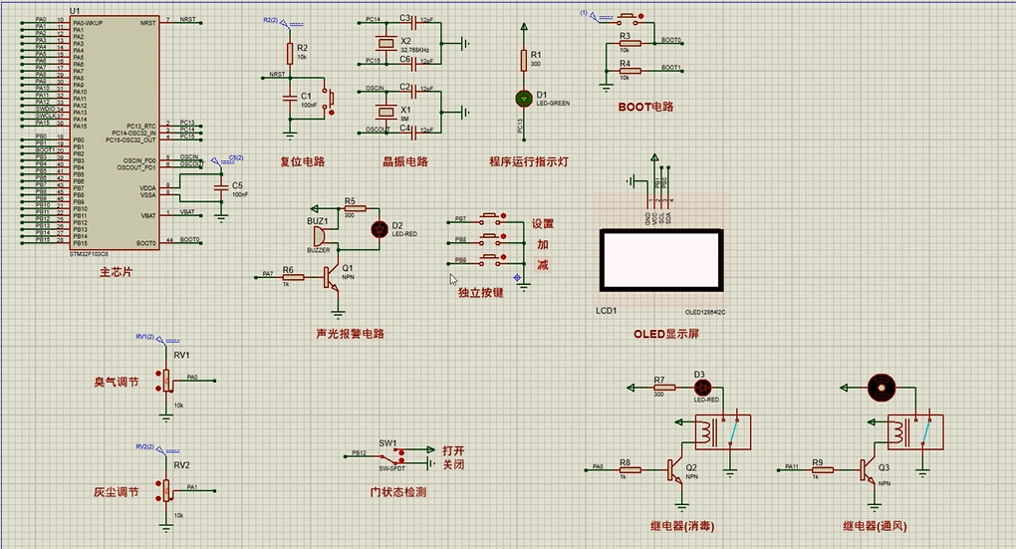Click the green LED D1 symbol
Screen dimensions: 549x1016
[x=524, y=98]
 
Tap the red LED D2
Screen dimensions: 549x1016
[x=379, y=229]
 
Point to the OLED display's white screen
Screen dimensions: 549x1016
[x=659, y=259]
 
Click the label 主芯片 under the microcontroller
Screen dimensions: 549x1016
[x=116, y=272]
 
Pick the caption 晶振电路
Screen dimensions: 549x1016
[x=404, y=161]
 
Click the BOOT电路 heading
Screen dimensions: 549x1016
[x=645, y=107]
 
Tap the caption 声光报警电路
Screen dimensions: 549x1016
[x=350, y=334]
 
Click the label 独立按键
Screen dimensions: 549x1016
[x=480, y=293]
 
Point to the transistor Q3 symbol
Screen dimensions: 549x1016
[x=867, y=470]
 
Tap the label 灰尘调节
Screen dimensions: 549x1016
[x=117, y=492]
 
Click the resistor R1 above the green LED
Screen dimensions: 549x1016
[x=523, y=60]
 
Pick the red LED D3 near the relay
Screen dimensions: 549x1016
[x=701, y=387]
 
